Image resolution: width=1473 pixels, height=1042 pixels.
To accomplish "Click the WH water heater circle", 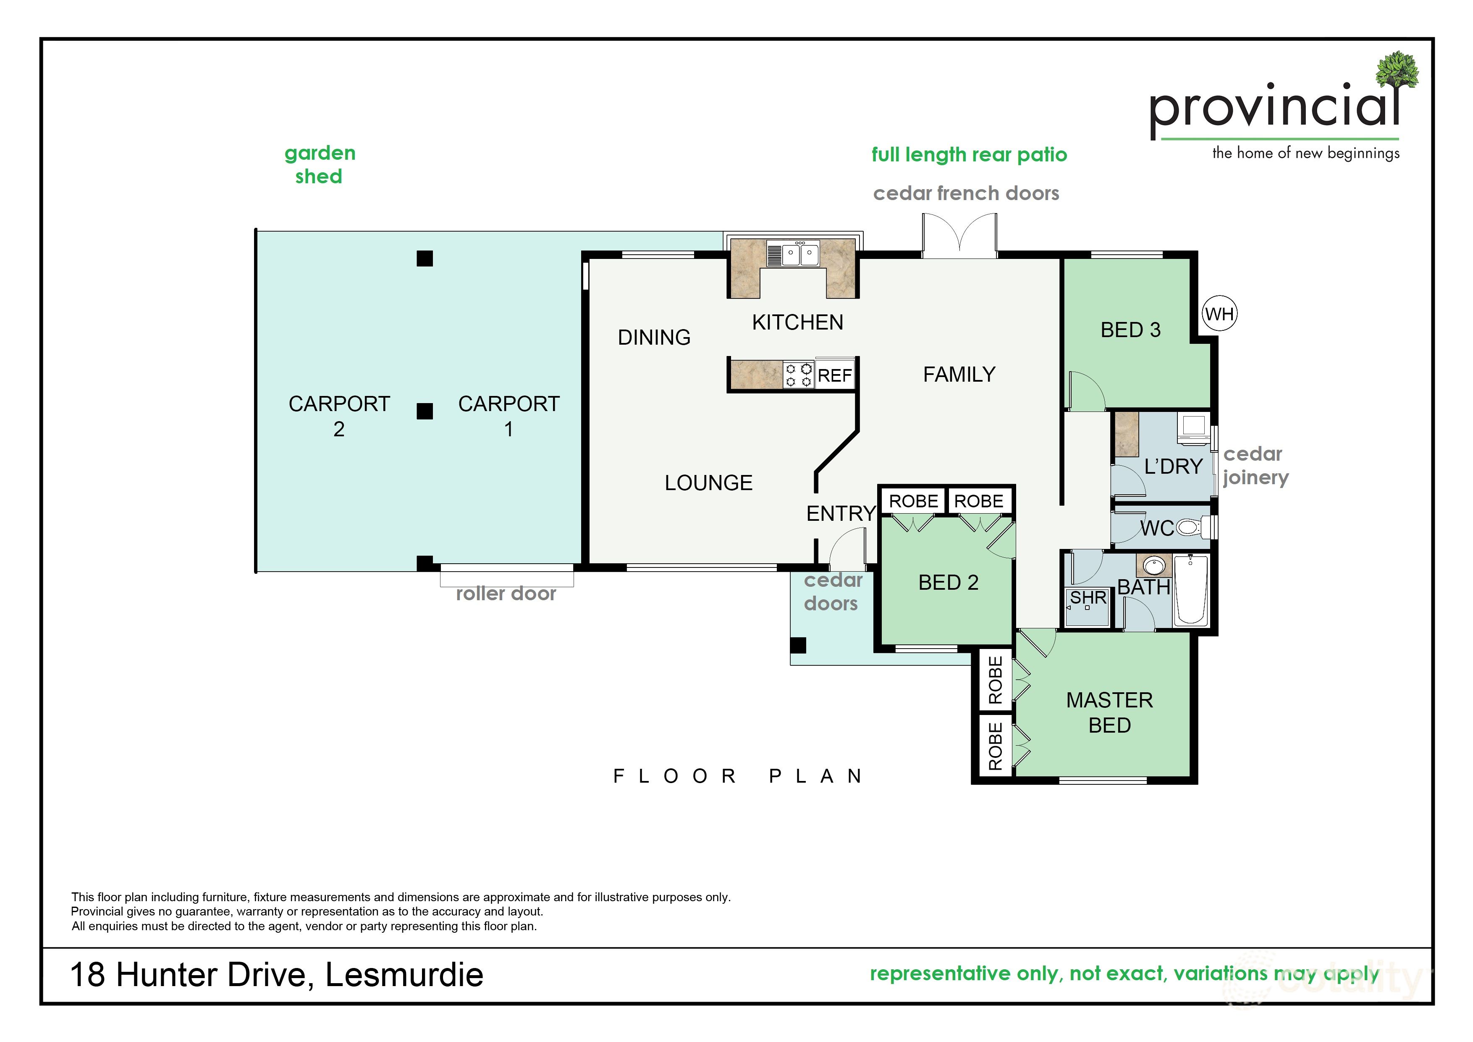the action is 1219,314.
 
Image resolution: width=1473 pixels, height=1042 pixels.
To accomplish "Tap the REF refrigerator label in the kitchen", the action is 835,376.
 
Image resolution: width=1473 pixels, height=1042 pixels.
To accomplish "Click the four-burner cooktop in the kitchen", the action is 799,375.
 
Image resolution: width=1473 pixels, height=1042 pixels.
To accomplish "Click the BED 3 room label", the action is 1130,330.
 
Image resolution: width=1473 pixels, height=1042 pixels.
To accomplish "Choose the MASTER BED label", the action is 1109,712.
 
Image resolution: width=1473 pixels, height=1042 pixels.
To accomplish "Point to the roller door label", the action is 506,594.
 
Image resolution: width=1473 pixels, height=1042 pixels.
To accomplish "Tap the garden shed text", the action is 320,164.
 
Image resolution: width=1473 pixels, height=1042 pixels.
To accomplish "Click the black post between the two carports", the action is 425,411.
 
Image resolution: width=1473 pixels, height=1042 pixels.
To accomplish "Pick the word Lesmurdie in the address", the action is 404,975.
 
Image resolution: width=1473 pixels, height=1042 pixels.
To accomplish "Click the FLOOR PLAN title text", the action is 738,776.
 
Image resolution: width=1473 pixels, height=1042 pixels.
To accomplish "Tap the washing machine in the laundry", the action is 1194,427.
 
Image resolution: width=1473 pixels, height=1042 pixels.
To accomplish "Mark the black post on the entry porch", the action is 798,645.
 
